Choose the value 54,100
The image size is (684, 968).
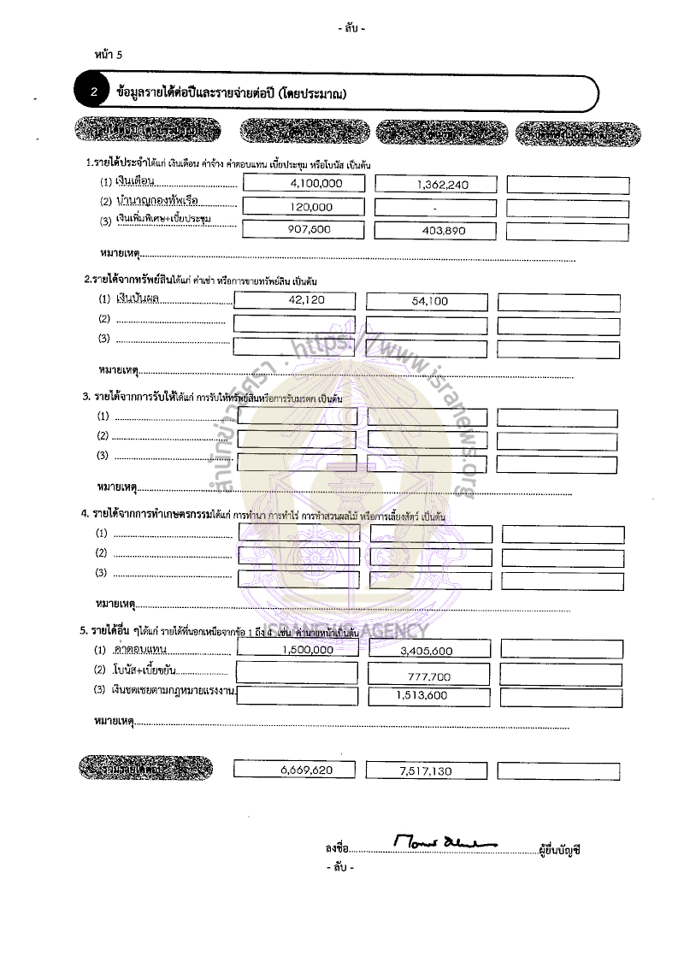click(429, 301)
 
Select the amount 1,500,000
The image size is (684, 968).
click(307, 650)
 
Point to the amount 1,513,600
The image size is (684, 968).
click(422, 695)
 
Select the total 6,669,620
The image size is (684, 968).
click(306, 770)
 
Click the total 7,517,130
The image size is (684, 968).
click(426, 771)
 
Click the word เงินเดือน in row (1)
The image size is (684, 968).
click(134, 182)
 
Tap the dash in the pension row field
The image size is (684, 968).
click(434, 208)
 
